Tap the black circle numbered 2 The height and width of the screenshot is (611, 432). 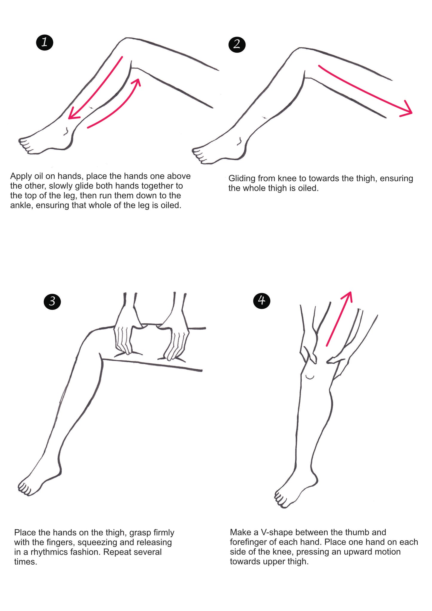point(237,44)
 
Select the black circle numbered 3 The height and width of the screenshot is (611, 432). point(52,301)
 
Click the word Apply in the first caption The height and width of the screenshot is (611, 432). point(21,176)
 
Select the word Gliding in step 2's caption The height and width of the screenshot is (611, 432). point(242,179)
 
